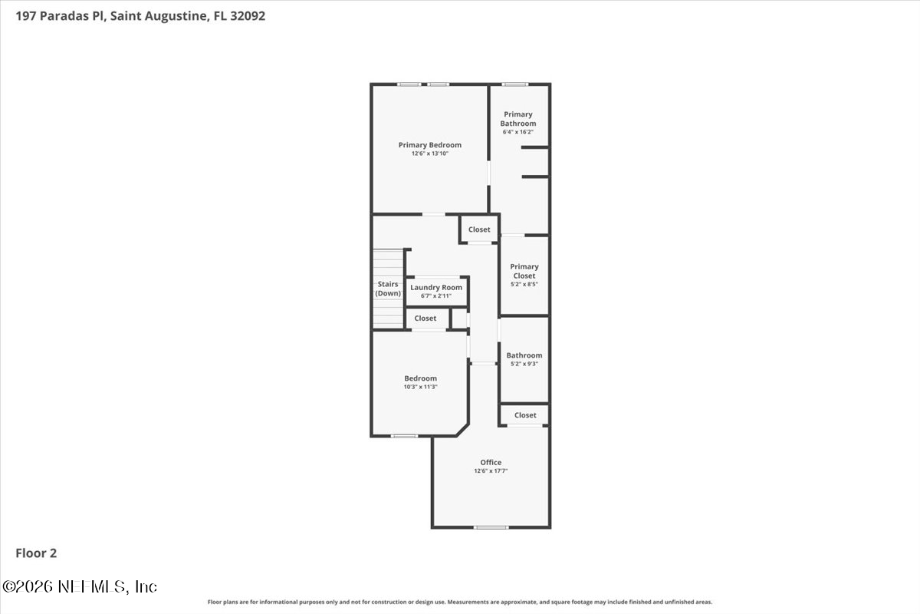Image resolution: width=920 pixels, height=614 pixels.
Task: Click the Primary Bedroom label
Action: pyautogui.click(x=429, y=145)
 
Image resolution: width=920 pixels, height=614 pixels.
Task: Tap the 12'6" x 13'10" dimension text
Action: pyautogui.click(x=429, y=153)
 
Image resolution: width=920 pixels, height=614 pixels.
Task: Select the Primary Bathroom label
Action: pyautogui.click(x=518, y=119)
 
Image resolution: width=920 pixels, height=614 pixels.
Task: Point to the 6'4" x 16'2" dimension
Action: pyautogui.click(x=518, y=132)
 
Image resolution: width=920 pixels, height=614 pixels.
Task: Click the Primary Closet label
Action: pyautogui.click(x=524, y=271)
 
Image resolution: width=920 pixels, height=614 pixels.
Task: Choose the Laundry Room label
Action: pyautogui.click(x=436, y=287)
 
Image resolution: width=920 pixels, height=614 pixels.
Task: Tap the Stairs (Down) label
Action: pyautogui.click(x=388, y=289)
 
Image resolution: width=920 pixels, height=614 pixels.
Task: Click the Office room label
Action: pyautogui.click(x=491, y=462)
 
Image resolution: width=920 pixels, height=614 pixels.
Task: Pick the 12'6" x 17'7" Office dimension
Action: pyautogui.click(x=491, y=471)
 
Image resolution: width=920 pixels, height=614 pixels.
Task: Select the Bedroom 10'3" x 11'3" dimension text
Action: pyautogui.click(x=420, y=387)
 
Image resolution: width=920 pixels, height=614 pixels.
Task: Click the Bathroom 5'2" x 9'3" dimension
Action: pyautogui.click(x=524, y=364)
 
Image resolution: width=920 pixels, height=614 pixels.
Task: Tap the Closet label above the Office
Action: pyautogui.click(x=525, y=415)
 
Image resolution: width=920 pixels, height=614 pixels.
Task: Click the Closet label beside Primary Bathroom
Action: pyautogui.click(x=479, y=229)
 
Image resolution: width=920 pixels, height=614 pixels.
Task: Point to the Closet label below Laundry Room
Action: pyautogui.click(x=426, y=318)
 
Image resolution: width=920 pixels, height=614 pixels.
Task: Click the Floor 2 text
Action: pyautogui.click(x=36, y=553)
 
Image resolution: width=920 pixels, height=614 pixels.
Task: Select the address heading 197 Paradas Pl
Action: pyautogui.click(x=135, y=15)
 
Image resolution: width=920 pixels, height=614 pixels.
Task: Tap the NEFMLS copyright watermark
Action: pyautogui.click(x=80, y=586)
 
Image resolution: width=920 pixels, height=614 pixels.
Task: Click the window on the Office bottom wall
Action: pyautogui.click(x=491, y=527)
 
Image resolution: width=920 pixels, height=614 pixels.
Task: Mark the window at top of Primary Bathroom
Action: pyautogui.click(x=514, y=84)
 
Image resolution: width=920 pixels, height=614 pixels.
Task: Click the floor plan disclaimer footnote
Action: pyautogui.click(x=460, y=602)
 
